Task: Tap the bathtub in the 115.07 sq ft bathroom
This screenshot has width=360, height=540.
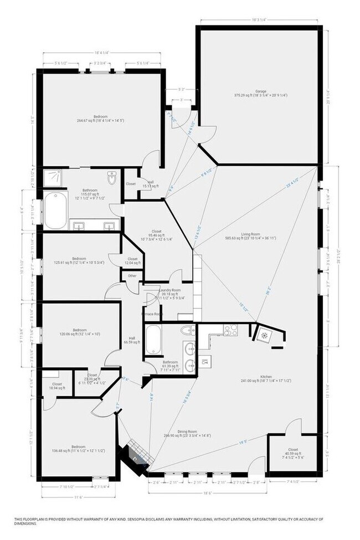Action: pos(55,210)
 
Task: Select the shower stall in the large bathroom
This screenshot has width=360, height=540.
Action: pos(53,178)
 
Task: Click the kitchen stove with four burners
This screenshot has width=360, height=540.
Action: pos(230,330)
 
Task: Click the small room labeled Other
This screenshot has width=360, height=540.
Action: pos(132,275)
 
